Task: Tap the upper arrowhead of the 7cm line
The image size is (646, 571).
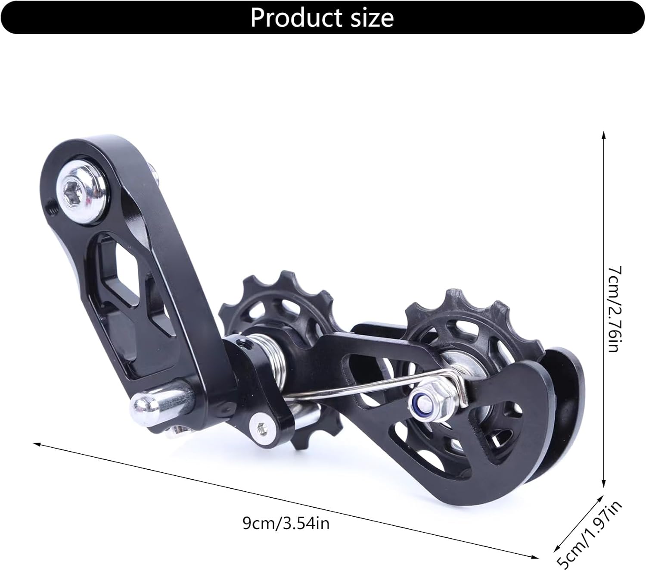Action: [x=603, y=135]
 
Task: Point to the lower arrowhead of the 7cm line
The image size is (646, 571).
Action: [x=603, y=485]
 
